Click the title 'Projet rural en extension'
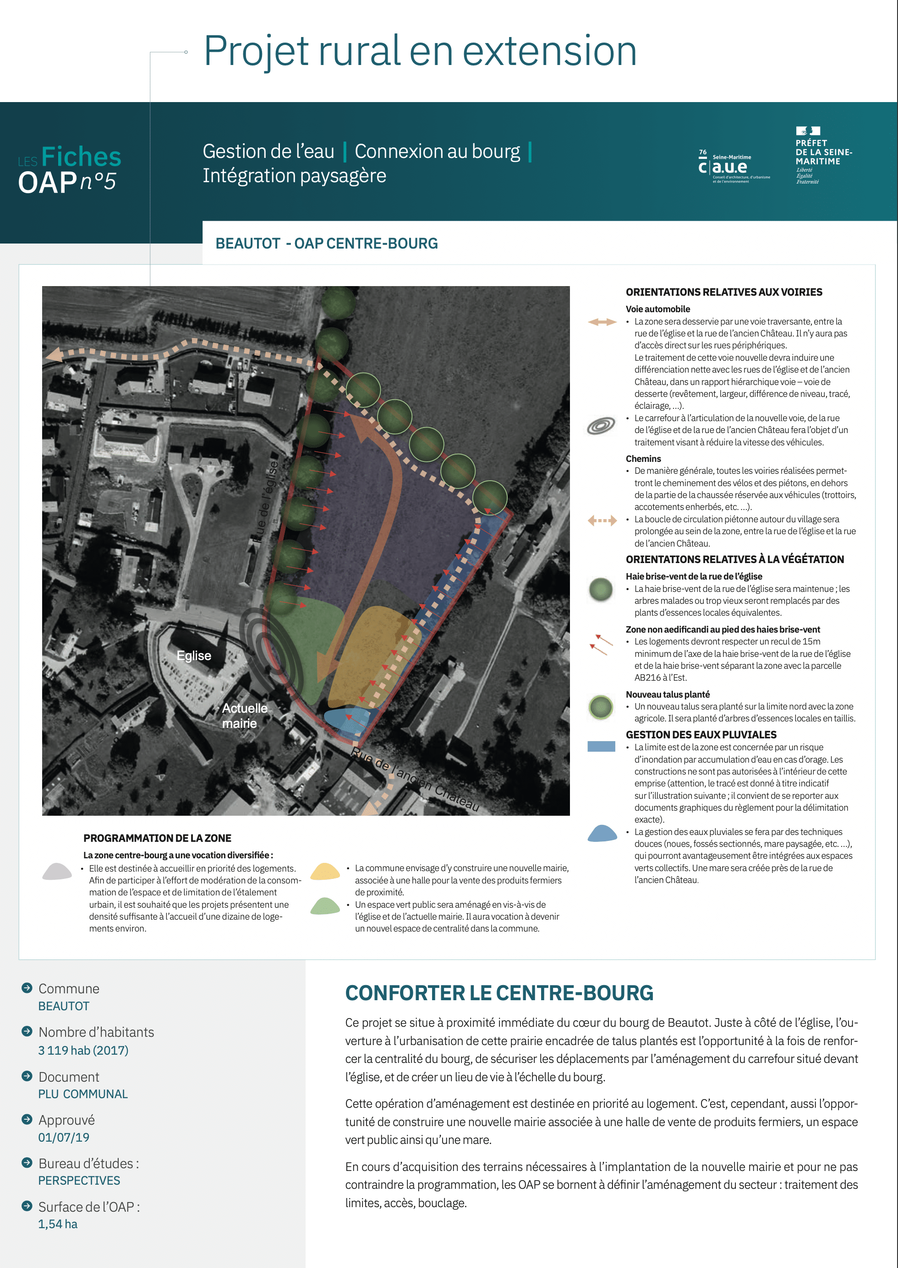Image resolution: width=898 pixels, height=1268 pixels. coord(420,51)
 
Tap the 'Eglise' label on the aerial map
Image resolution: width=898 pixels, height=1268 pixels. coord(193,656)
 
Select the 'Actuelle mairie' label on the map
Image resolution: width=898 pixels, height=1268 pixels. coord(244,715)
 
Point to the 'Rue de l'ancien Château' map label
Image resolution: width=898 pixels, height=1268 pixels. coord(415,780)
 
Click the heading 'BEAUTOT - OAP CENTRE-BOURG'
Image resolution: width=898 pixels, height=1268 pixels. coord(326,244)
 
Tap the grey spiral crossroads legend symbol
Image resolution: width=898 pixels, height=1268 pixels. coord(601,426)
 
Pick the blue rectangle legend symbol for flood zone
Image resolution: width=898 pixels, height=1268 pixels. coord(601,747)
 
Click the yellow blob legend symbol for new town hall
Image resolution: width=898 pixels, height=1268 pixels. coord(324,871)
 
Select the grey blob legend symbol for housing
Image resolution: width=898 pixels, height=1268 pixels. coord(57,871)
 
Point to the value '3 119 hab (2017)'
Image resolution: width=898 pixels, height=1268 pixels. coord(83,1050)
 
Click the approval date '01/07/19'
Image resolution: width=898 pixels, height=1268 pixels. coord(64,1138)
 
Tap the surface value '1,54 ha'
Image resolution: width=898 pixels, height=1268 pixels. coord(58,1225)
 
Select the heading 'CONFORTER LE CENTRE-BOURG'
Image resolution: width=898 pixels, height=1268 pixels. coord(499,993)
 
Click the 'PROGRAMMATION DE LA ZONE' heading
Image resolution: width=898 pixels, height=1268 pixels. coord(157,838)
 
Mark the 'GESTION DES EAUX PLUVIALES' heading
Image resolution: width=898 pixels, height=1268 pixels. coord(701,735)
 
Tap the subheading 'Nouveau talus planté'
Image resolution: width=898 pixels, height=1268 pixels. coord(668,694)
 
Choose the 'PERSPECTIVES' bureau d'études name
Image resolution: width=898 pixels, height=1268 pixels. coord(79,1181)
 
